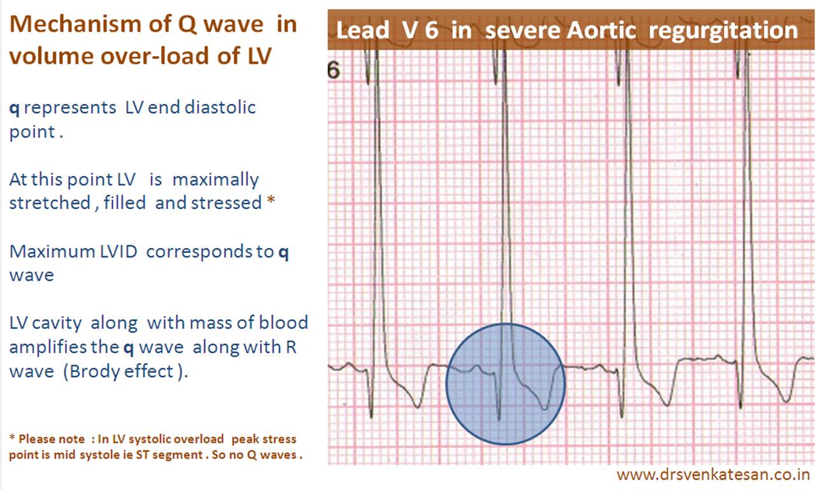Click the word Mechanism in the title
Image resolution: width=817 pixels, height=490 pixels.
point(91,24)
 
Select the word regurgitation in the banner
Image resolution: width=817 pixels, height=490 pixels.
point(723,31)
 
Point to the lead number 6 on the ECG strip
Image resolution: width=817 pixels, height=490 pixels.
point(334,70)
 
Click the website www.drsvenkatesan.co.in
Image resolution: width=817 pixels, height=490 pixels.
point(713,475)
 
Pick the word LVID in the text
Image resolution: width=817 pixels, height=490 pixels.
point(118,252)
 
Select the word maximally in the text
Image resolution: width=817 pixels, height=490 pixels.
point(216,180)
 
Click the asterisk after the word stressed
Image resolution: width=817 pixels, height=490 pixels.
point(271,200)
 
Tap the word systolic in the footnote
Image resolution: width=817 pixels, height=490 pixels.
point(176,439)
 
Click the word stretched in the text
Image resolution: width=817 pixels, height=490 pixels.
point(50,203)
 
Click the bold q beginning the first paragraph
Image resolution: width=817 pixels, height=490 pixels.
point(14,108)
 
